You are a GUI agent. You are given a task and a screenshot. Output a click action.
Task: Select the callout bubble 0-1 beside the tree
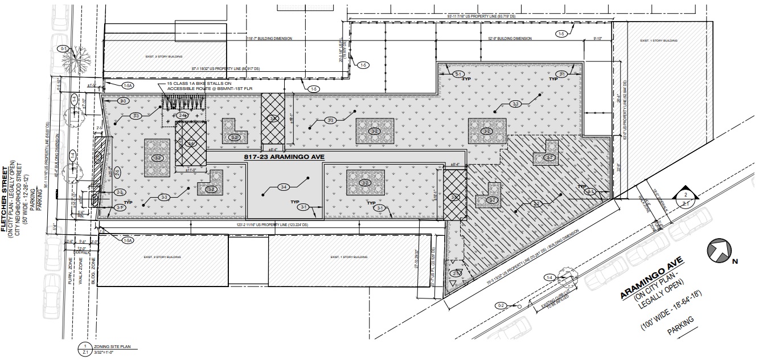click(x=63, y=49)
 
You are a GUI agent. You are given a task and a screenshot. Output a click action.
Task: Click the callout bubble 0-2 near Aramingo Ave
click(x=502, y=306)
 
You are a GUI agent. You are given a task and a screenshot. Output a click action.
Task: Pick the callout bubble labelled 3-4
click(x=284, y=187)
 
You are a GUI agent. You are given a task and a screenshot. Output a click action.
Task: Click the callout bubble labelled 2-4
click(x=182, y=116)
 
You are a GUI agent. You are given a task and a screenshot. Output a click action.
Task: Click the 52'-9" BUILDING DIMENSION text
click(x=510, y=39)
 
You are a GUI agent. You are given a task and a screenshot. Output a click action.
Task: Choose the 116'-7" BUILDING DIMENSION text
click(x=269, y=39)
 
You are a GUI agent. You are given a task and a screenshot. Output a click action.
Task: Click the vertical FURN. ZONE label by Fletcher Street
click(x=69, y=263)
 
